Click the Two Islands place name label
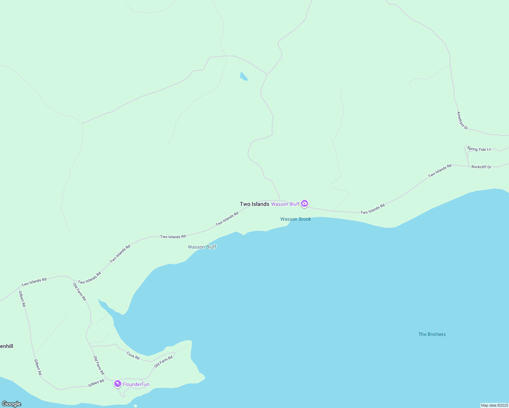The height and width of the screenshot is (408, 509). pos(255,204)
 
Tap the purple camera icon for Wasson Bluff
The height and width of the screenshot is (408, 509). pos(305,204)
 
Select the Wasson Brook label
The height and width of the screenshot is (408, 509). pos(296,219)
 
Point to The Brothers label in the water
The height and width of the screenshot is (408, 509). pos(432,334)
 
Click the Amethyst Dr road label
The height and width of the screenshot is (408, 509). pos(462,121)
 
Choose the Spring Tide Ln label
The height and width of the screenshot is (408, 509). pos(479,149)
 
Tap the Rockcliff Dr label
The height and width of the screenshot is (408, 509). pos(481,167)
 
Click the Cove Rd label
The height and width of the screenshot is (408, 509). pos(133,356)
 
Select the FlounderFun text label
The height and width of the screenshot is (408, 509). pos(136,385)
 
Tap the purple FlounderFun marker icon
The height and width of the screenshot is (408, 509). pos(118,384)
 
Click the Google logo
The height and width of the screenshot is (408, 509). pos(12,404)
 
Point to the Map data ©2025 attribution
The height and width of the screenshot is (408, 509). pos(494,405)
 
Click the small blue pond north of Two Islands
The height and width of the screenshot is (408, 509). pos(244,76)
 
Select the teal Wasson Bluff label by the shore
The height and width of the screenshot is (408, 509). pos(202,247)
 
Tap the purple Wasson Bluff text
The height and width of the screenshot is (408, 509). pos(285,204)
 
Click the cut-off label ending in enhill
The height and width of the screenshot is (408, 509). pos(6,346)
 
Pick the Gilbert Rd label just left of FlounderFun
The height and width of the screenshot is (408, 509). pos(96,383)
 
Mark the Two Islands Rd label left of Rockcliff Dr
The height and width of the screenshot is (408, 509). pos(440,171)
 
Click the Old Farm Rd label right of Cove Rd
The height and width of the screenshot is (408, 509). pos(163,362)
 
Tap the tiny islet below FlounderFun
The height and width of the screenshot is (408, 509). pos(135,406)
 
